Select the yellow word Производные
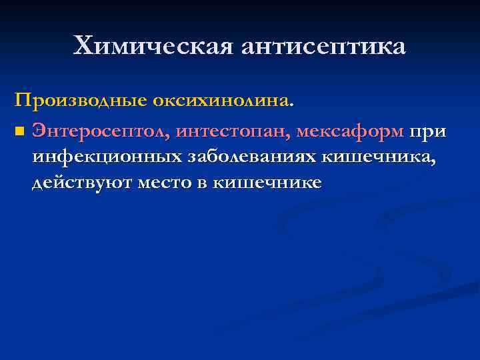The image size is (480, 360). [81, 101]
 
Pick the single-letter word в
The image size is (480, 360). [203, 182]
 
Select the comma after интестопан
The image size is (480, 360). [290, 137]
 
